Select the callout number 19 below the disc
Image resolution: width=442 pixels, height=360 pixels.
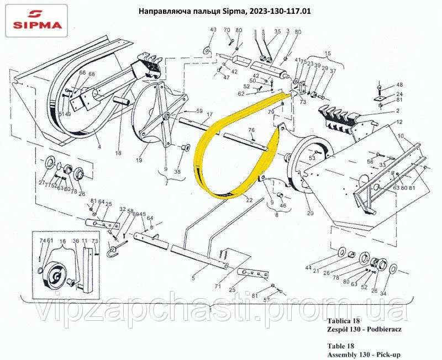[139, 160]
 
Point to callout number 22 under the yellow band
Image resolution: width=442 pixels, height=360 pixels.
[250, 199]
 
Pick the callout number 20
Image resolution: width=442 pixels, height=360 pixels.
[309, 213]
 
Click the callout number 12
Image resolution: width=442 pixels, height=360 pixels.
[399, 122]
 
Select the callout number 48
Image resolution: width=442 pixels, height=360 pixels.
[399, 85]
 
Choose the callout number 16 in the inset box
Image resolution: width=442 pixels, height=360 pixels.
[62, 241]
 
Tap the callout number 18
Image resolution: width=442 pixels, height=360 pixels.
[118, 153]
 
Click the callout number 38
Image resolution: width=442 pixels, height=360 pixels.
[177, 172]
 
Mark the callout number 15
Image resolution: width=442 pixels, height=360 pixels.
[327, 53]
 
